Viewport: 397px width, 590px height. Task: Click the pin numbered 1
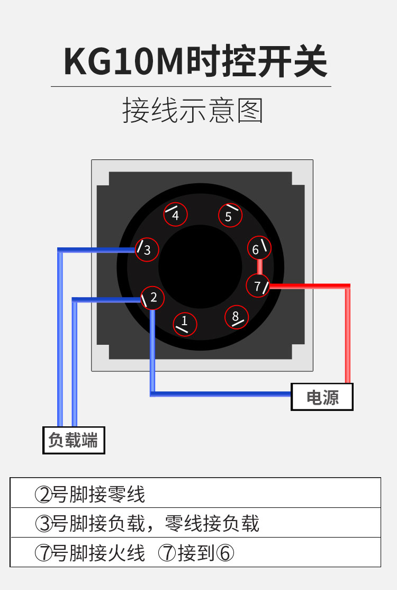coord(184,323)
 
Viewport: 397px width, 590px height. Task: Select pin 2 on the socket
coord(152,298)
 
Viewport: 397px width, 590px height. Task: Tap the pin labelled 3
coord(147,249)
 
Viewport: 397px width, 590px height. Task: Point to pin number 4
coord(175,214)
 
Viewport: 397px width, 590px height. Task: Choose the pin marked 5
coord(230,216)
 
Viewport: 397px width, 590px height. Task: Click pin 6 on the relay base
coord(259,248)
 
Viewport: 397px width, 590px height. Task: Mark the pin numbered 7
coord(258,286)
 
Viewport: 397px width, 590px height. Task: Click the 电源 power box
coord(322,397)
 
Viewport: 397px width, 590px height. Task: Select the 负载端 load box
coord(74,440)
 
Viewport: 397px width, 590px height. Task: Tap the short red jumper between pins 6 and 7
coord(259,266)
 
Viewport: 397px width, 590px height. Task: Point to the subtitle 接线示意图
coord(193,110)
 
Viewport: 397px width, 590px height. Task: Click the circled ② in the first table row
coord(43,495)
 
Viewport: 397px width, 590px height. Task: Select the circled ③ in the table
coord(43,524)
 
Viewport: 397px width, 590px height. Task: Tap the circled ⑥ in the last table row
coord(224,553)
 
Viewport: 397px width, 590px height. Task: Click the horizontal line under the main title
coord(191,86)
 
